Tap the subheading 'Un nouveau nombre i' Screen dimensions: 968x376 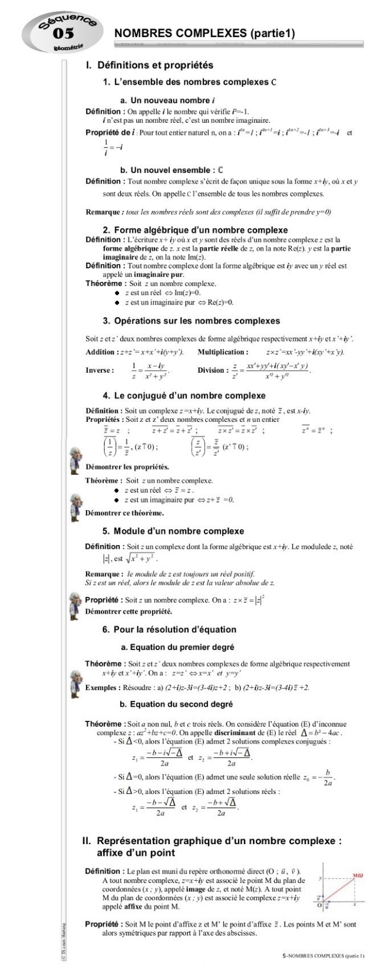tap(154, 101)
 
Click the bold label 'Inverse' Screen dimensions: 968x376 tap(100, 370)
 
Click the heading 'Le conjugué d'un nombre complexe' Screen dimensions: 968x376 tap(183, 395)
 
